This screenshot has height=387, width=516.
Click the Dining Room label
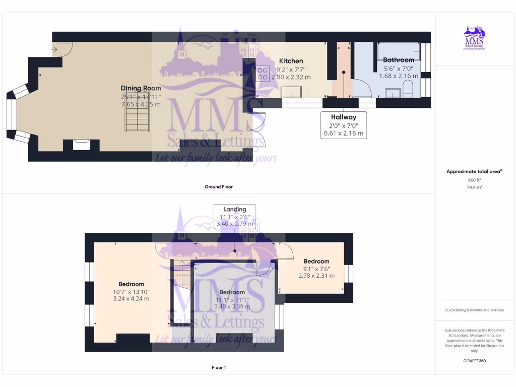tap(141, 88)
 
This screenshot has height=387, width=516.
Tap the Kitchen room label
tap(291, 61)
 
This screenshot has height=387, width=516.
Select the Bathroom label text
tap(399, 59)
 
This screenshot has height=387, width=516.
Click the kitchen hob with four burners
tap(263, 75)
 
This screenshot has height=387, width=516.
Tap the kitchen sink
tap(291, 91)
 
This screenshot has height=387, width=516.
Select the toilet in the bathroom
tap(408, 91)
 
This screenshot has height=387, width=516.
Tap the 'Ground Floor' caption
tap(219, 187)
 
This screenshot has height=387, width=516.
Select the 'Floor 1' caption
tap(219, 368)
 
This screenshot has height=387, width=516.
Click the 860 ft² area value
tap(474, 180)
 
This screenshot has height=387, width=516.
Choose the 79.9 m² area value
tap(474, 187)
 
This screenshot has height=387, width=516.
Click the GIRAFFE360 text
tap(474, 361)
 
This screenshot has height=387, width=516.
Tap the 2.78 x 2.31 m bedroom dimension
tap(316, 276)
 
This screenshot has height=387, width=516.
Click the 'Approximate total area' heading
tap(474, 172)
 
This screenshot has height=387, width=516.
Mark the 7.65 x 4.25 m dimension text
tap(141, 104)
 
